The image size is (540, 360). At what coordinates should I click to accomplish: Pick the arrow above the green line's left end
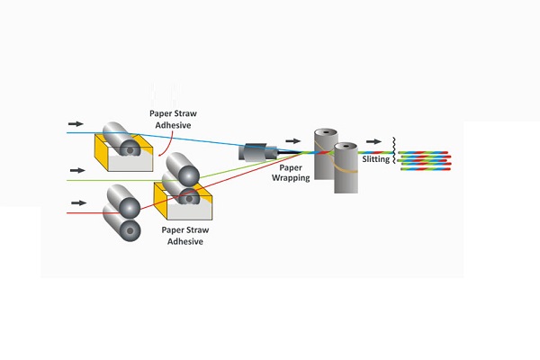pos(75,168)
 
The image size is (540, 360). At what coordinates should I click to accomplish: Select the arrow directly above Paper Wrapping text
pos(292,140)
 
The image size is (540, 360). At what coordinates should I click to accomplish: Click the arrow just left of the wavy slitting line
pos(373,141)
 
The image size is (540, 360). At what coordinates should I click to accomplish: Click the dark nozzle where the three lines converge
pos(257,153)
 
